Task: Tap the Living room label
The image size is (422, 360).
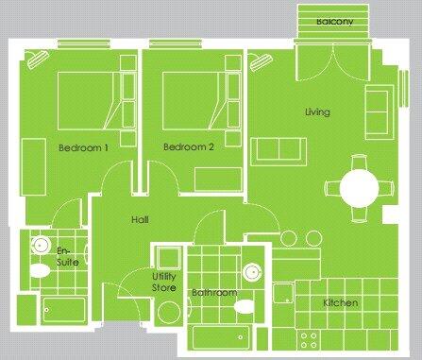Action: pyautogui.click(x=316, y=113)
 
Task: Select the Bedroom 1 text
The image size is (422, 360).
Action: pyautogui.click(x=83, y=148)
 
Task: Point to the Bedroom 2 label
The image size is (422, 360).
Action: pyautogui.click(x=183, y=148)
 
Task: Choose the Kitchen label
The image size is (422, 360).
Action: pyautogui.click(x=340, y=303)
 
